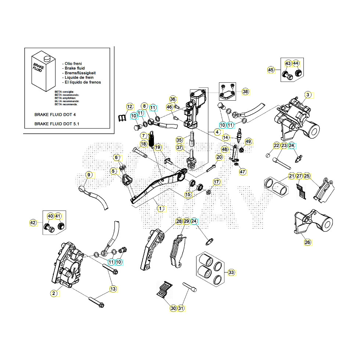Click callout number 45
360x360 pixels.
coord(271,70)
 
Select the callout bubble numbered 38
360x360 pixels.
coord(245,91)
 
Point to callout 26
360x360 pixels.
coord(307,242)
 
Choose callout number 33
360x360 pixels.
coord(231,273)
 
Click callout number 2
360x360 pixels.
coord(54,293)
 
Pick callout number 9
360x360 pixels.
coord(89,175)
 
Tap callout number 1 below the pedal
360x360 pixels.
coord(160,208)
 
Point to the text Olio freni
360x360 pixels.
coord(74,64)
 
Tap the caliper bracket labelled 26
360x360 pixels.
coord(313,223)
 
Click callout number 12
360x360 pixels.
coord(129,107)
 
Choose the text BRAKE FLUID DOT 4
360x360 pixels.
coord(55,114)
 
